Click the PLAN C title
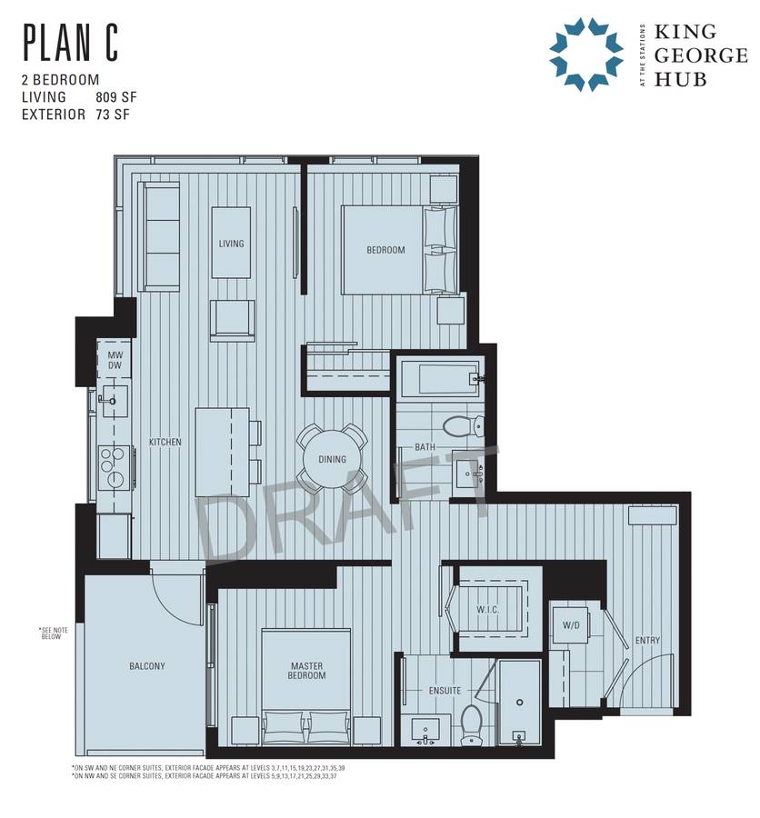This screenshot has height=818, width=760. click(x=71, y=43)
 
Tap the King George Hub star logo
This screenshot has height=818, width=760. click(x=585, y=55)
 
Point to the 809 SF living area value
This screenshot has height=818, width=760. click(x=115, y=97)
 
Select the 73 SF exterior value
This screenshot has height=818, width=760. click(x=112, y=115)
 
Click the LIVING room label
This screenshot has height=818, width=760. click(x=231, y=243)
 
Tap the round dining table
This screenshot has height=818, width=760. click(x=332, y=459)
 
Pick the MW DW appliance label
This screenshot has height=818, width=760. click(x=115, y=360)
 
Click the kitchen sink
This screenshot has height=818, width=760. click(x=115, y=401)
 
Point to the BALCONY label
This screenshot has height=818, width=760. click(x=147, y=666)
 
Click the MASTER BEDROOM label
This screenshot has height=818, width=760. click(x=306, y=671)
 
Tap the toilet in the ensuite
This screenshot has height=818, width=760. click(x=471, y=724)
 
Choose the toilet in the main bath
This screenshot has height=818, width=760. click(x=464, y=425)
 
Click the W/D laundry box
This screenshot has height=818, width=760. click(x=571, y=625)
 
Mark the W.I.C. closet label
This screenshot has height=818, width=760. click(x=487, y=609)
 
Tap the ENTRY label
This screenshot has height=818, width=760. click(x=647, y=640)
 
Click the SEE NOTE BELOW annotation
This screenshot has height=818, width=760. click(x=54, y=633)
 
